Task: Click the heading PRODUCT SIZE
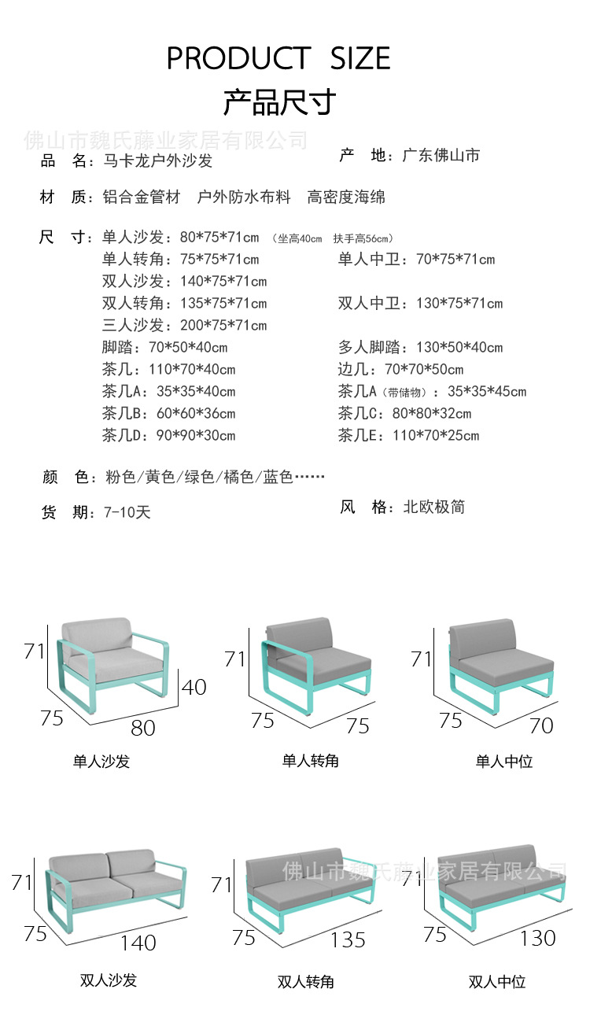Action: (278, 58)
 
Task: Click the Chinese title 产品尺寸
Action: (279, 101)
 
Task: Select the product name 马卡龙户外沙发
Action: (158, 161)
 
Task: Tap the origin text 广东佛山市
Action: (441, 155)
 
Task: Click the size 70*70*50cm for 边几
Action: (424, 369)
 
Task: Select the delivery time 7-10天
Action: (127, 512)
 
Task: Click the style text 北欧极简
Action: (433, 507)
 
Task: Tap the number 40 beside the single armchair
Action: (194, 686)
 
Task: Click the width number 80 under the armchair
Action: (142, 728)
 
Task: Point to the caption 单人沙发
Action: (101, 761)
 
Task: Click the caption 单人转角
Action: (311, 761)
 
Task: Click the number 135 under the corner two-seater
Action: (348, 939)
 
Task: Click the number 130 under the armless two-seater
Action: (537, 937)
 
